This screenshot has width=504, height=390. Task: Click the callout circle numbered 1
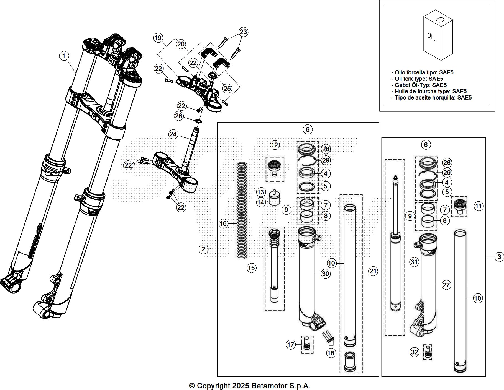[x=64, y=56]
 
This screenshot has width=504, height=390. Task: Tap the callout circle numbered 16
[x=223, y=223]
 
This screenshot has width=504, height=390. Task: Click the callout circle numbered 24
[x=173, y=135]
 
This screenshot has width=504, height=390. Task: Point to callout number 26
[x=179, y=116]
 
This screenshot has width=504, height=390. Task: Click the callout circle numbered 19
[x=158, y=38]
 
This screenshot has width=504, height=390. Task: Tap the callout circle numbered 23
[x=243, y=32]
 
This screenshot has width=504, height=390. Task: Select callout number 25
[x=227, y=89]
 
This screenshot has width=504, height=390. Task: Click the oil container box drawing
[x=438, y=35]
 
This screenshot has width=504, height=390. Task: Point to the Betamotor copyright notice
[x=249, y=386]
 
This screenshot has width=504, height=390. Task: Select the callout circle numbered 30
[x=326, y=274]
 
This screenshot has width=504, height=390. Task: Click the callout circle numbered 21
[x=373, y=271]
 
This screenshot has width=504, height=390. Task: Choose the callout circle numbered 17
[x=291, y=345]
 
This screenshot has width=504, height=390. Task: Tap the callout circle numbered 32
[x=415, y=352]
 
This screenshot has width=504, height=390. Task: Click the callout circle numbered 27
[x=446, y=285]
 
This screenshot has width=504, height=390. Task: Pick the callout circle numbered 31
[x=414, y=262]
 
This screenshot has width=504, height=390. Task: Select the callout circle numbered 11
[x=479, y=206]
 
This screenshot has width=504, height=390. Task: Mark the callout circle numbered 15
[x=252, y=268]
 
